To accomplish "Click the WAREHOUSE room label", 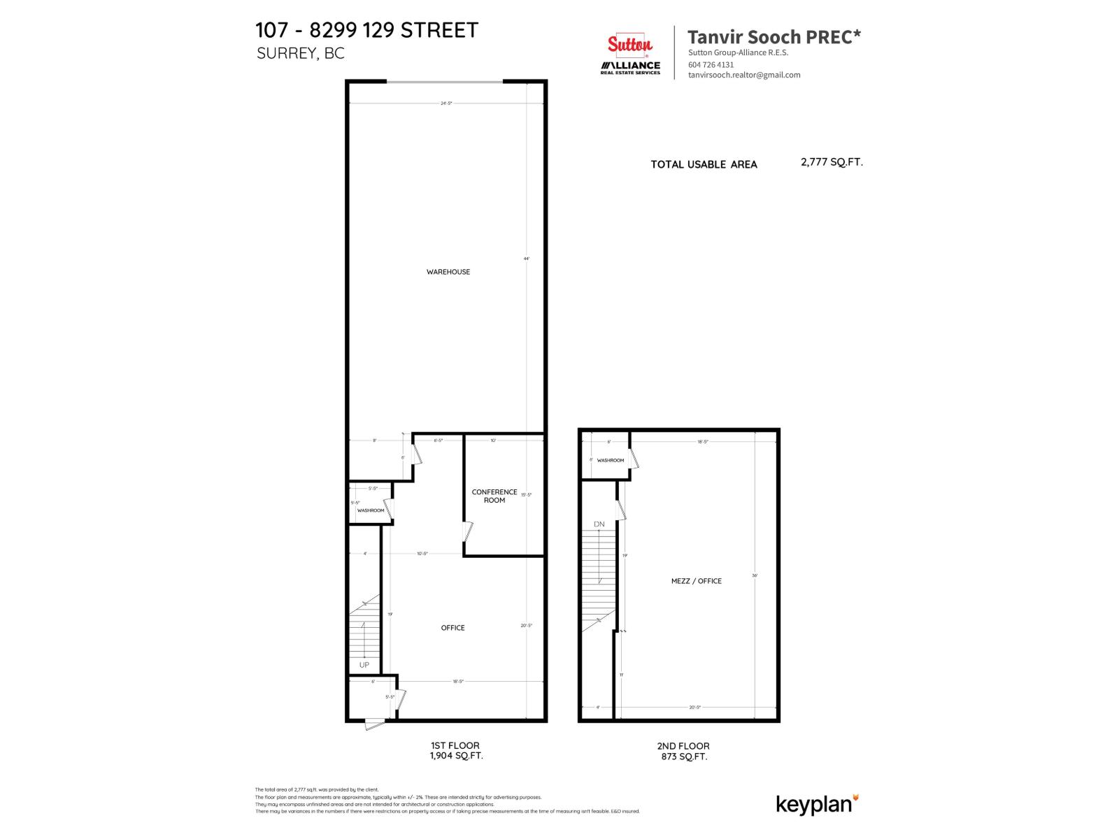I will click(x=448, y=272).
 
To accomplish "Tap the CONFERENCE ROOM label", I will click(x=494, y=496).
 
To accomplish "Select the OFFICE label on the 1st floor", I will click(x=452, y=628).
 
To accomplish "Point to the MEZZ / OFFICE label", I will click(x=696, y=581).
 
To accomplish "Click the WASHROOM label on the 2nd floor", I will click(x=611, y=460).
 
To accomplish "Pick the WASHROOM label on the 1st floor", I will click(x=371, y=510).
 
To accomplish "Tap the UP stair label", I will click(x=364, y=665).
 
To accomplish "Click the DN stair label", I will click(x=599, y=524).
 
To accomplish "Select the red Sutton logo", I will click(x=629, y=45).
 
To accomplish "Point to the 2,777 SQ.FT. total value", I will click(x=832, y=162).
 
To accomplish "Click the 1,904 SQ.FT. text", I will click(x=456, y=756).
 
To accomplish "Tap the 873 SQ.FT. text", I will click(x=684, y=756).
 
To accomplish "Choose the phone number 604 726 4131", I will click(x=711, y=64).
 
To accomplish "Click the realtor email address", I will click(x=744, y=75).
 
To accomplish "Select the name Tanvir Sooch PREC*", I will click(x=774, y=37).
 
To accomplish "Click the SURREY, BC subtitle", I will click(x=301, y=54).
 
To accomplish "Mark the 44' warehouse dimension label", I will click(x=527, y=259).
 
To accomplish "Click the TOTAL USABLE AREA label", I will click(x=704, y=164).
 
